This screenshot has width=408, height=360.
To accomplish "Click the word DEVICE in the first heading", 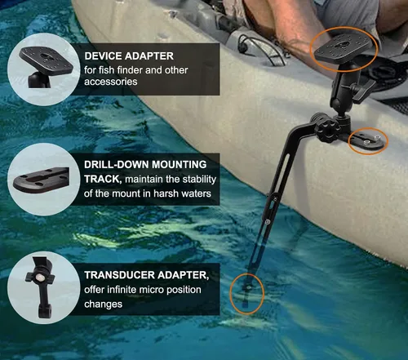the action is tap(103, 56).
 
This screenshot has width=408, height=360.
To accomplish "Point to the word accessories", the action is tap(111, 82).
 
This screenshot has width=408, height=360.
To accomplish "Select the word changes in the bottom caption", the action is tap(103, 304).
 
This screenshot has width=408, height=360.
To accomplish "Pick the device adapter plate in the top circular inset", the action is tap(47, 60).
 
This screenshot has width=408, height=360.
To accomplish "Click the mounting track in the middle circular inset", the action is tap(41, 180).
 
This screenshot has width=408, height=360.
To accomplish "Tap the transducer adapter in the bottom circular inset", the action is tap(41, 287).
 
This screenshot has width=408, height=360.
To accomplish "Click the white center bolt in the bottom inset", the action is tap(41, 278).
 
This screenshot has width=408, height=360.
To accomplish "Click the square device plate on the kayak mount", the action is tap(343, 51).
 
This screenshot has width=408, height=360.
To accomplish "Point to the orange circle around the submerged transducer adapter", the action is tap(230, 293).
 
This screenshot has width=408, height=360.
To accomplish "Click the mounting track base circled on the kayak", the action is tap(366, 141).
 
